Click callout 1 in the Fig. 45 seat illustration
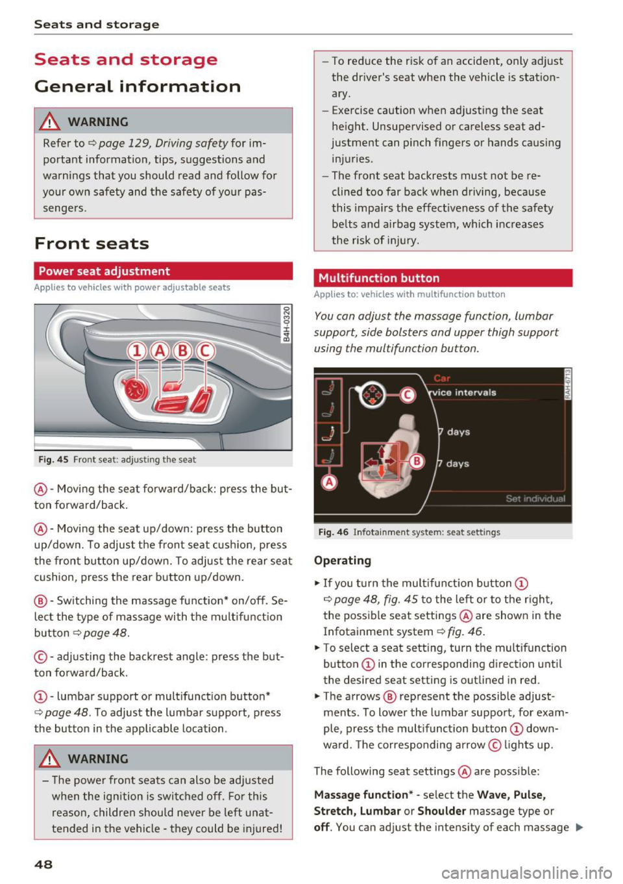[137, 351]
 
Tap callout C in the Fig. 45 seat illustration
[205, 351]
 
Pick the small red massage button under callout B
[172, 387]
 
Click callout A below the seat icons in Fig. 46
[330, 481]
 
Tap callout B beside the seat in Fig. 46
[417, 461]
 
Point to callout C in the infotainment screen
[408, 395]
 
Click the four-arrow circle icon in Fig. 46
[373, 394]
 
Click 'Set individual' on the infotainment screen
[535, 499]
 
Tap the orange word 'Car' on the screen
[442, 378]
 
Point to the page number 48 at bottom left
[43, 864]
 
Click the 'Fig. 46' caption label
[333, 532]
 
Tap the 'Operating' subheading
[343, 561]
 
